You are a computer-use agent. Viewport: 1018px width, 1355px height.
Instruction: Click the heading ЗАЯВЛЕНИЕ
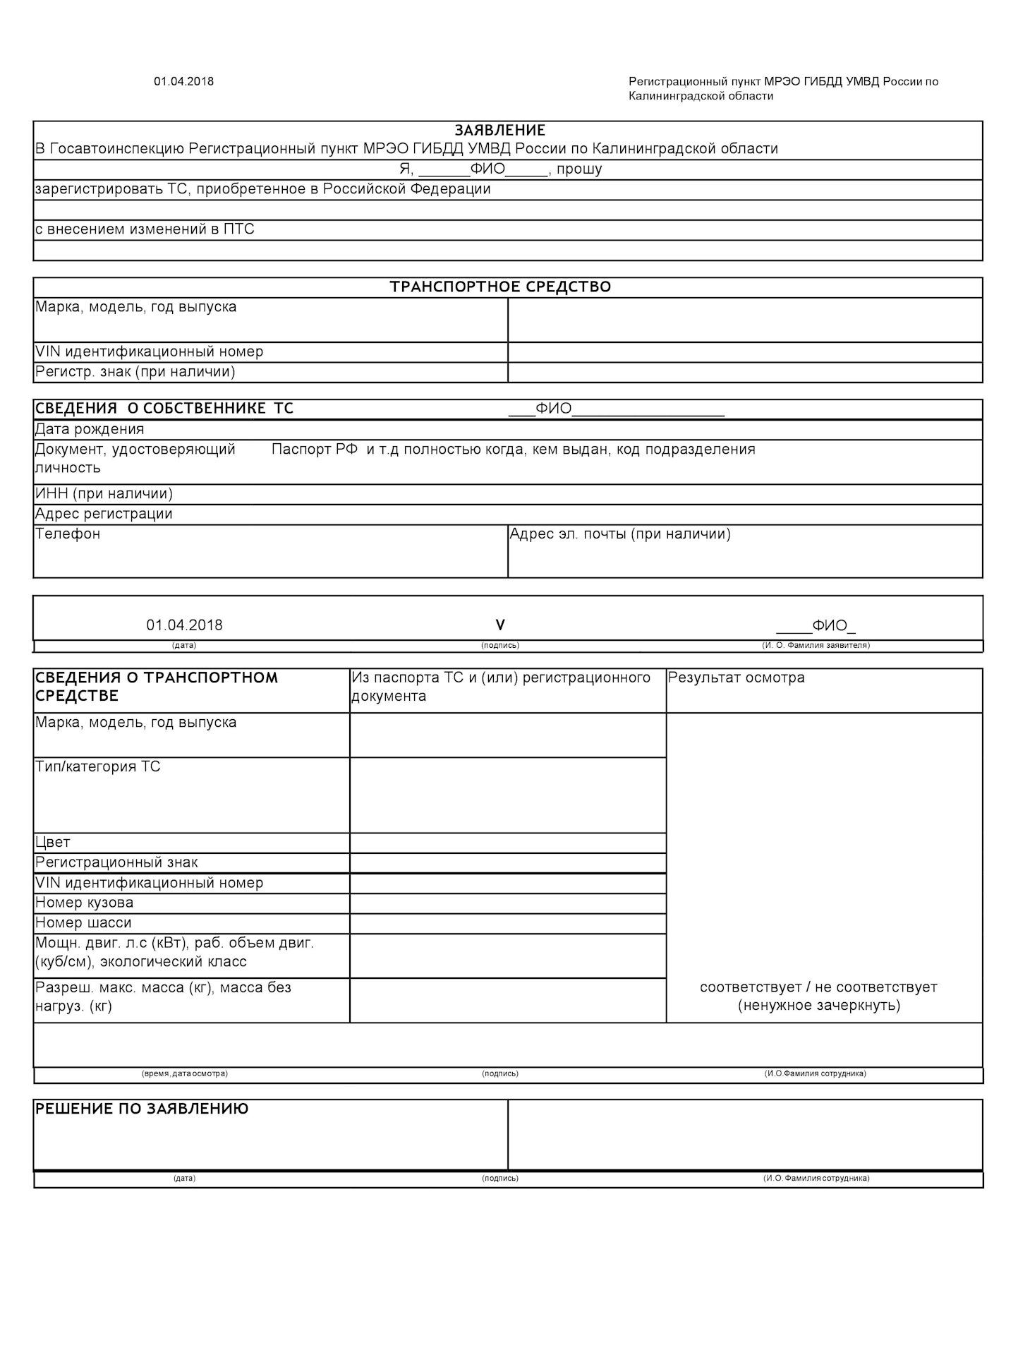point(499,131)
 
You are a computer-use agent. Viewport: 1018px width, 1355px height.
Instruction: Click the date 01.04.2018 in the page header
point(183,81)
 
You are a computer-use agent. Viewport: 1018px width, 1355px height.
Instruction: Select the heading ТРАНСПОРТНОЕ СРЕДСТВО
point(500,287)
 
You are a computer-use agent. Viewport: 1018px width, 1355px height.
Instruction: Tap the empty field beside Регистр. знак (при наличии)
point(744,372)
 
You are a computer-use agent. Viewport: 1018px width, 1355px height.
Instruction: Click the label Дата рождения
point(90,429)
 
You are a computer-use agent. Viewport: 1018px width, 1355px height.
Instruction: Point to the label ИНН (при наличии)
point(104,493)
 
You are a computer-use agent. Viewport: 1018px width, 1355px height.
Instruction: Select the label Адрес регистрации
point(104,514)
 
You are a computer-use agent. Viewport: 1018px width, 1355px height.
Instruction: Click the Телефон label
point(68,534)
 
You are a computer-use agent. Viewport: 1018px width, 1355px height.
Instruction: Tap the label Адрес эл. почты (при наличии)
point(620,534)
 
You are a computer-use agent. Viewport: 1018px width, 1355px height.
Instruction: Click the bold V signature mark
point(500,625)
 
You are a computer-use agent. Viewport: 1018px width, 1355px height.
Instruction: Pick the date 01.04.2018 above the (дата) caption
point(184,625)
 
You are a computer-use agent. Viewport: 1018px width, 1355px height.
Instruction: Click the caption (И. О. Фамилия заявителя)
point(816,645)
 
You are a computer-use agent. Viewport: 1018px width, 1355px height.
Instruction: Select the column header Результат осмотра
point(736,677)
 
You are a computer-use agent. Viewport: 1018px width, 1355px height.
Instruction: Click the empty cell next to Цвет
point(507,843)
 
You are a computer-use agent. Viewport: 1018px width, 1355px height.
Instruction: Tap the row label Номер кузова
point(84,903)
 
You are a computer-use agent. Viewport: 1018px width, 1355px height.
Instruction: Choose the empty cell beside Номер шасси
point(507,923)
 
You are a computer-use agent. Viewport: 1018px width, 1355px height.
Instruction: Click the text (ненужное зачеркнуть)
point(819,1005)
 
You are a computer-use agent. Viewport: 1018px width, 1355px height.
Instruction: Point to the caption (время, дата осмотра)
point(185,1073)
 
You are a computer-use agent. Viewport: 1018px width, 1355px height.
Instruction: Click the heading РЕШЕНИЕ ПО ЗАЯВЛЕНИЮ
point(142,1109)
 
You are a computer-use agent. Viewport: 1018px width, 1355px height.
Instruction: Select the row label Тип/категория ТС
point(97,766)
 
